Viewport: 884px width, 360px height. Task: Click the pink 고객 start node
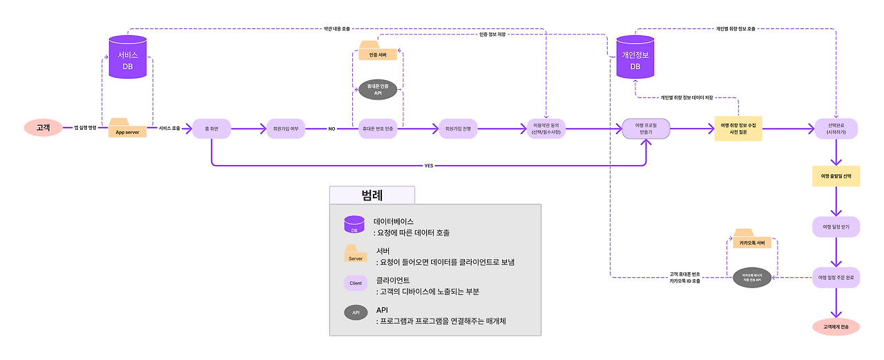coord(43,128)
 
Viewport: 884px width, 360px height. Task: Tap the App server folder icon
coord(128,129)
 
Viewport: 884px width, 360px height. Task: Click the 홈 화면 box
coord(211,129)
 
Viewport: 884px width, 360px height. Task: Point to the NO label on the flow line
coord(331,129)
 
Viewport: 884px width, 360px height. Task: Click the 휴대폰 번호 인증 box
coord(378,129)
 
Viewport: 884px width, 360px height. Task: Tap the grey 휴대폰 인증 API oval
coord(378,88)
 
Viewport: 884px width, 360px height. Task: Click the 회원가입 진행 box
coord(458,129)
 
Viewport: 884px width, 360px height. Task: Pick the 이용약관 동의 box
coord(546,129)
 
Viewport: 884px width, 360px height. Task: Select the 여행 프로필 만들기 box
coord(646,129)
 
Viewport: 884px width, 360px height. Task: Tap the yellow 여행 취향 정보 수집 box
coord(738,129)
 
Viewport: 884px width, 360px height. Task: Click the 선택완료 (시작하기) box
coord(836,129)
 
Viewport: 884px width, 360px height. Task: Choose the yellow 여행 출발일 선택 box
coord(836,176)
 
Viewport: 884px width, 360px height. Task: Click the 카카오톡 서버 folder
coord(753,239)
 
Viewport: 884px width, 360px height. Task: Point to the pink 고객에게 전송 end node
coord(836,326)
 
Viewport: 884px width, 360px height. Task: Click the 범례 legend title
coord(372,195)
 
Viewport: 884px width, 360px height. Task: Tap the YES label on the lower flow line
coord(429,166)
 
